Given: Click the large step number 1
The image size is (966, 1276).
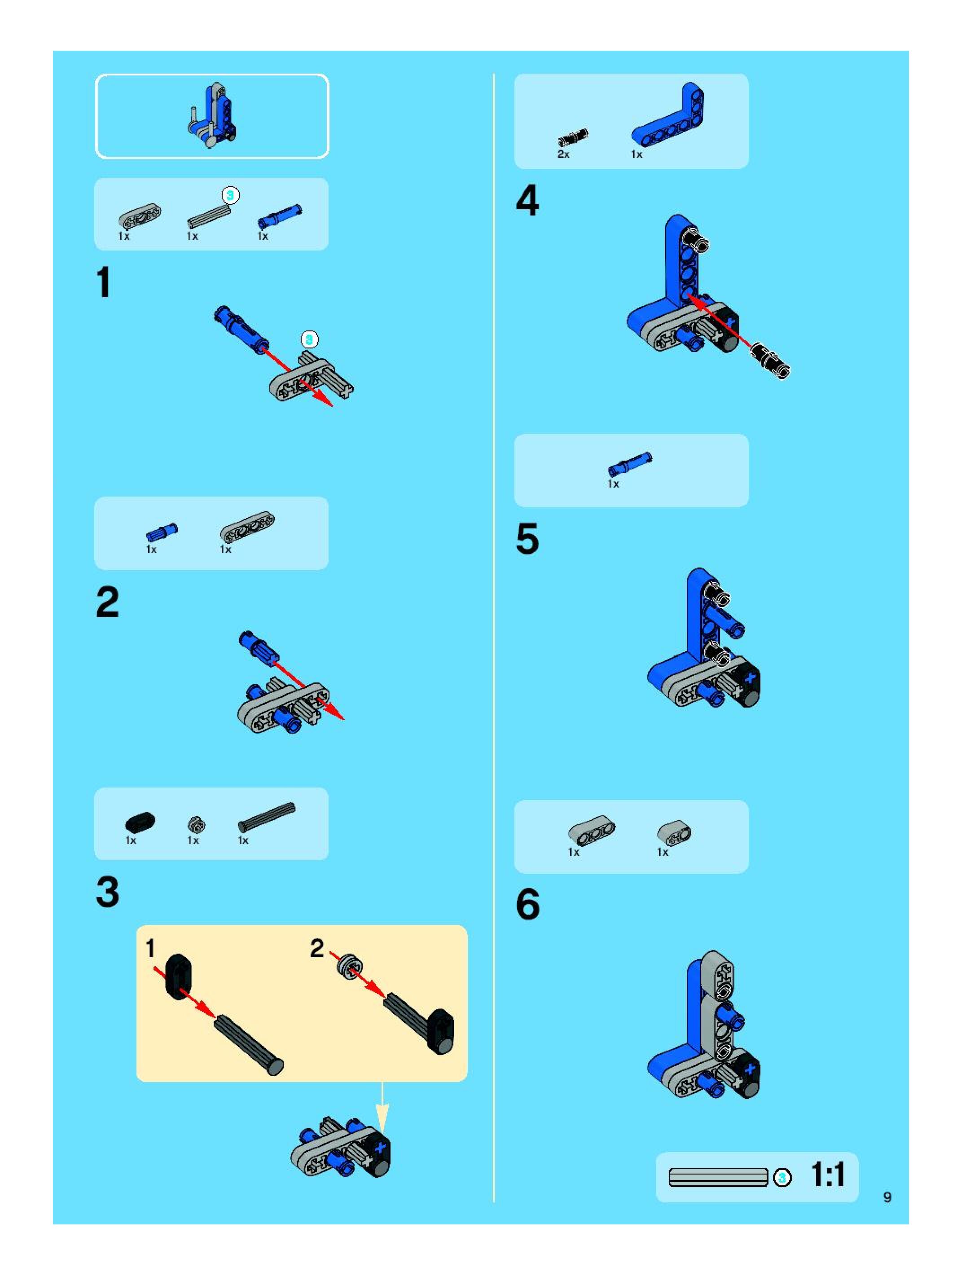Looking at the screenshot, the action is [x=104, y=283].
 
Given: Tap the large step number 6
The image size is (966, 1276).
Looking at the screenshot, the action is [x=528, y=903].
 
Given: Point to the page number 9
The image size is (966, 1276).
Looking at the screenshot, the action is [x=887, y=1197].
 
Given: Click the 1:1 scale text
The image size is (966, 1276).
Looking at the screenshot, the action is [x=828, y=1175].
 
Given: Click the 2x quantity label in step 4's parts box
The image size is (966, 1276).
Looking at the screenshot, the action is [x=563, y=154].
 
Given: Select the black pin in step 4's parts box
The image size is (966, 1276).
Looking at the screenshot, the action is [x=573, y=138].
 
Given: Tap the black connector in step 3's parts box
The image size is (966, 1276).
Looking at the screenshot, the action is [x=140, y=822].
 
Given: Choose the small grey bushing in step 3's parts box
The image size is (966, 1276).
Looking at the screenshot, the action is [x=196, y=824].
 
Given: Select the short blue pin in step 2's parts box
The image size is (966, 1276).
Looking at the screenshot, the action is [x=162, y=532].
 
